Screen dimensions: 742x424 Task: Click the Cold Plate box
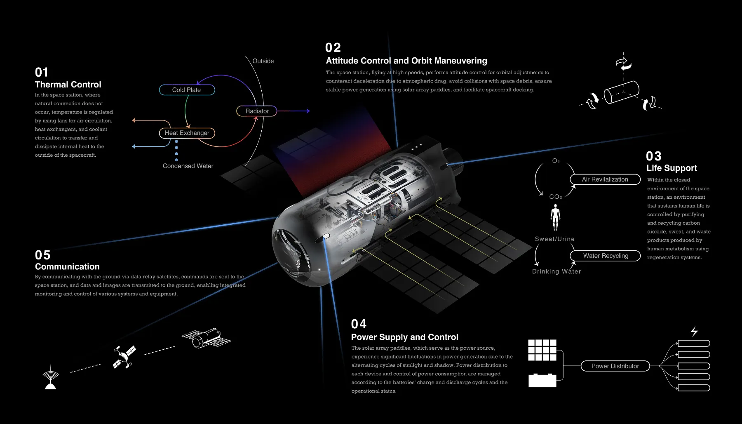pyautogui.click(x=187, y=90)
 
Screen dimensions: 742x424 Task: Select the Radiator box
pyautogui.click(x=256, y=111)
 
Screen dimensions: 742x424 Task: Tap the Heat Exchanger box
pyautogui.click(x=187, y=133)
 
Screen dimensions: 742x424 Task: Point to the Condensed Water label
pyautogui.click(x=188, y=166)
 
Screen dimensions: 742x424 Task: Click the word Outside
pyautogui.click(x=263, y=61)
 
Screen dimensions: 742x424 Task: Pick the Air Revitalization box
pyautogui.click(x=605, y=179)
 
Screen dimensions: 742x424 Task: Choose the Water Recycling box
pyautogui.click(x=605, y=256)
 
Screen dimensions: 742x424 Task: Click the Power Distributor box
pyautogui.click(x=615, y=366)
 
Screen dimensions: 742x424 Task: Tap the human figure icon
pyautogui.click(x=555, y=217)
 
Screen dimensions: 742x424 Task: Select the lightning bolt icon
pyautogui.click(x=694, y=331)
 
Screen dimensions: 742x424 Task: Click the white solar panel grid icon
pyautogui.click(x=542, y=350)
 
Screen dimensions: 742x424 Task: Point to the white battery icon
pyautogui.click(x=542, y=380)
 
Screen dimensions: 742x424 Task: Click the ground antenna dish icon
pyautogui.click(x=51, y=377)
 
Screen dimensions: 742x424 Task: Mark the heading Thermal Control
pyautogui.click(x=68, y=85)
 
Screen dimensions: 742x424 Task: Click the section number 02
pyautogui.click(x=333, y=48)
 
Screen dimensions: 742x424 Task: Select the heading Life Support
pyautogui.click(x=672, y=168)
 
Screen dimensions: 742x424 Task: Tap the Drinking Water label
pyautogui.click(x=556, y=271)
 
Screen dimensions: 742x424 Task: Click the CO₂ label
pyautogui.click(x=555, y=197)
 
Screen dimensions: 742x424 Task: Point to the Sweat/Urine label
pyautogui.click(x=554, y=239)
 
